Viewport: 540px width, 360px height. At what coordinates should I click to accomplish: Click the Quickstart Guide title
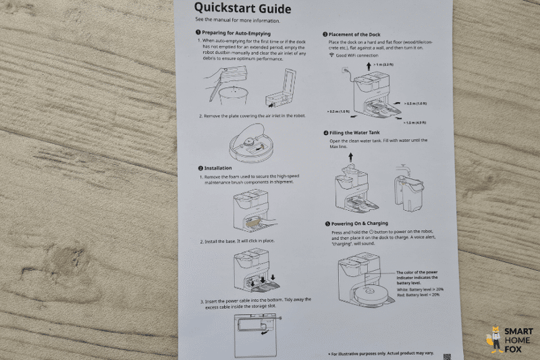coord(243,9)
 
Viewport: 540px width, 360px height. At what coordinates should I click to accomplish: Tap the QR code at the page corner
coord(446,355)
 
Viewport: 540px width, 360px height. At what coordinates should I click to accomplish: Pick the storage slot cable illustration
coord(254,332)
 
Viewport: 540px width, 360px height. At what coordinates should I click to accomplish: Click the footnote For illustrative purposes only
coord(382,353)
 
